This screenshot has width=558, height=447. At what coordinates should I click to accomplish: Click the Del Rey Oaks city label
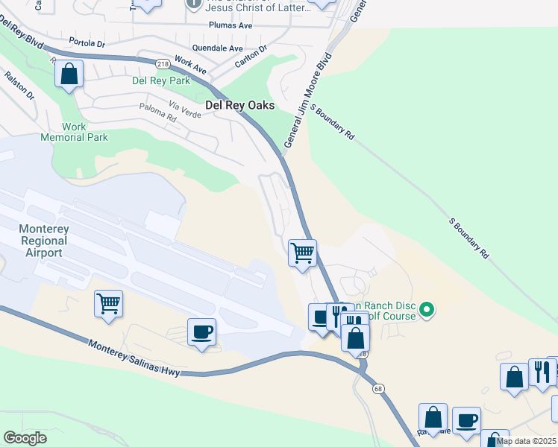click(239, 106)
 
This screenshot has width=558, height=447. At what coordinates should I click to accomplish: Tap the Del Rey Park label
click(161, 80)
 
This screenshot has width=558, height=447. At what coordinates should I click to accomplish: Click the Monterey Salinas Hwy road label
click(134, 358)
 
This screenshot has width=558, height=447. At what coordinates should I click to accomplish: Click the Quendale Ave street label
click(217, 48)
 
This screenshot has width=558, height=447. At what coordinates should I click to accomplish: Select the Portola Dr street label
click(87, 42)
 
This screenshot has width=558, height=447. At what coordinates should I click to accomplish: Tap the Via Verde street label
click(185, 109)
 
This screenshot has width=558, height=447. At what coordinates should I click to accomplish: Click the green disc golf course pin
click(427, 308)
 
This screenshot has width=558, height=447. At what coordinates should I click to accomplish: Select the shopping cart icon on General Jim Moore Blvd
click(302, 252)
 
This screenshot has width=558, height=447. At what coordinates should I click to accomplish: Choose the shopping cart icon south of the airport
click(108, 303)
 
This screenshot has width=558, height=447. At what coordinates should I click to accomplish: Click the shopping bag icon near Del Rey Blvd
click(69, 73)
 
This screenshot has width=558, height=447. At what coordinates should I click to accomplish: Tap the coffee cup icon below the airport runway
click(201, 332)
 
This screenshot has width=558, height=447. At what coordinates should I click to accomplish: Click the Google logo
click(25, 438)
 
